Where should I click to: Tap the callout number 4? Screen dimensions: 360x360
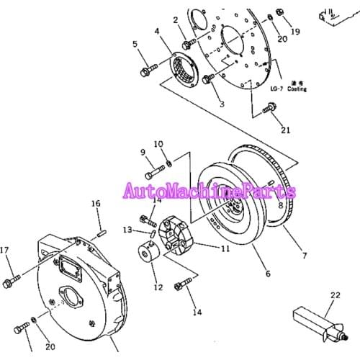[157, 31]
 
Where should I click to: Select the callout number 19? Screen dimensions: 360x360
[294, 31]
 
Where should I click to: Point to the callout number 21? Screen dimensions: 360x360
[286, 130]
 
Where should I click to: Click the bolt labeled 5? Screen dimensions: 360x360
[148, 70]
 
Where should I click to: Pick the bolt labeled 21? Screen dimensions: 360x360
[269, 109]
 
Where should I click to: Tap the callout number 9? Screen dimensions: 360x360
[143, 152]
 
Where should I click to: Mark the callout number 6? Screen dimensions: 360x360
[267, 274]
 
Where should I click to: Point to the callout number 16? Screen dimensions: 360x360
[96, 204]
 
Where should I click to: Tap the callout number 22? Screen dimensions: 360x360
[334, 294]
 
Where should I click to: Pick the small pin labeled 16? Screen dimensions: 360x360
[102, 232]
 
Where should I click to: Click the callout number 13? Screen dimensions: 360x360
[127, 230]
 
